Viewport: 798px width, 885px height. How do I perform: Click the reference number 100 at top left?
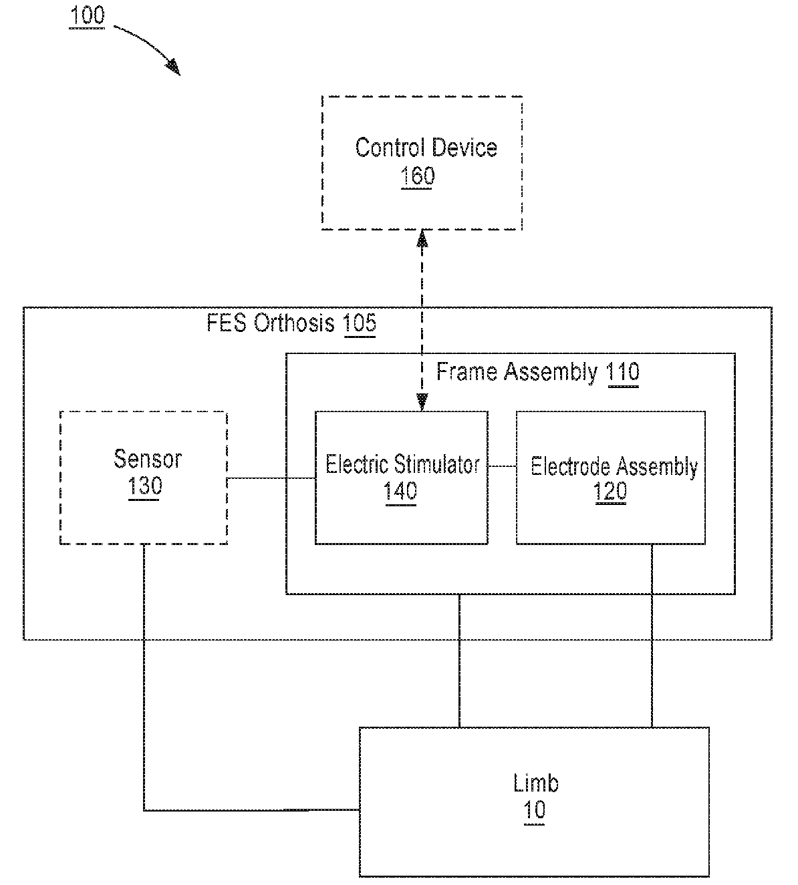click(x=87, y=15)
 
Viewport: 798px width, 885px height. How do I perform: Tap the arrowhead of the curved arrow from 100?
click(x=173, y=67)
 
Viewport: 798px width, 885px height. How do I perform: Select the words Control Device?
click(x=426, y=148)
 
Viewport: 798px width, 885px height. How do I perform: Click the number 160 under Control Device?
click(x=417, y=176)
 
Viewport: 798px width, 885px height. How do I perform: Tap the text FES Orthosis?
click(x=270, y=323)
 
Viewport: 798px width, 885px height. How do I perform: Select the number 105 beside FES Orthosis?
click(x=360, y=323)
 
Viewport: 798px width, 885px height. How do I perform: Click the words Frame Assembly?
click(x=517, y=371)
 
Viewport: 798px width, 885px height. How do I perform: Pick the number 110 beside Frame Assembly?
click(x=623, y=372)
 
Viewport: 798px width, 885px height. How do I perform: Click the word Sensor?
click(x=148, y=459)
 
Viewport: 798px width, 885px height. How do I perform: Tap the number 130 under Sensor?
click(x=145, y=486)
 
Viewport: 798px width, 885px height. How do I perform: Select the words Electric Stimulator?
click(x=402, y=464)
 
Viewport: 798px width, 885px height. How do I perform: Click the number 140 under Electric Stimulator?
click(x=400, y=491)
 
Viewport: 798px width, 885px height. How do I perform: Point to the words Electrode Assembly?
click(x=614, y=467)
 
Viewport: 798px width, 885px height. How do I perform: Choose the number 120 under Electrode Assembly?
click(x=610, y=491)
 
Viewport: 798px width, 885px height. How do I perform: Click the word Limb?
click(x=536, y=783)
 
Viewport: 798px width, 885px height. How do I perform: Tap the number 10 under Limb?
click(x=535, y=810)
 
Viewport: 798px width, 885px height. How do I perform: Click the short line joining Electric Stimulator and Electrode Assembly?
click(x=502, y=466)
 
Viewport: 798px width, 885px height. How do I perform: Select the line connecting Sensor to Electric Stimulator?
click(x=271, y=478)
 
